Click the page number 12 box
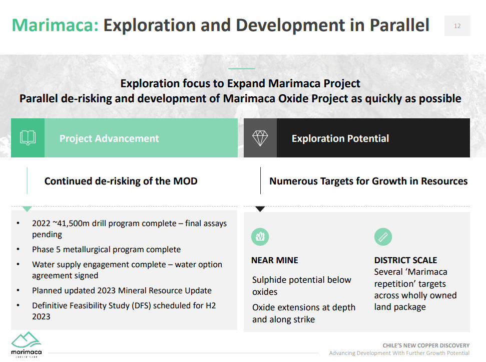click(x=457, y=26)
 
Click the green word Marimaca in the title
click(x=55, y=25)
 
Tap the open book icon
click(x=28, y=138)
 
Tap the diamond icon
click(x=260, y=138)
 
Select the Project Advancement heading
click(x=109, y=138)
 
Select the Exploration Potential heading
click(x=340, y=138)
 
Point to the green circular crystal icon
click(x=260, y=237)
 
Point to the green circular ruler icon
click(x=383, y=237)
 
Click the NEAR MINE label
click(x=275, y=260)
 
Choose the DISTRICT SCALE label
click(x=405, y=260)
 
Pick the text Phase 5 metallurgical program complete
click(x=106, y=249)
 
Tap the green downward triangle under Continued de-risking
click(x=27, y=209)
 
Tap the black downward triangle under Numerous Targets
click(x=260, y=209)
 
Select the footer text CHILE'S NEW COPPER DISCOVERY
click(x=426, y=345)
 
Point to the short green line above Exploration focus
click(x=241, y=69)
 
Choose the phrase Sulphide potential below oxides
click(x=301, y=286)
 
